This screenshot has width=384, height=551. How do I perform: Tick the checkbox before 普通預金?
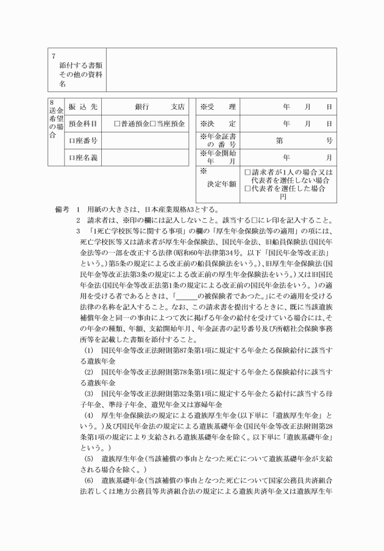[116, 123]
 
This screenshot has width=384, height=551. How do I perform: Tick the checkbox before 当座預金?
[152, 123]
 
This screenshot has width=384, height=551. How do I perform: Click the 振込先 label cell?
[83, 107]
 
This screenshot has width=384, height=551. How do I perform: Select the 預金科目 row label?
[83, 123]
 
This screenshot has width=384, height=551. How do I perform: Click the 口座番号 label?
[83, 140]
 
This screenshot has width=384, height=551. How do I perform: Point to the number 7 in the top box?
[54, 56]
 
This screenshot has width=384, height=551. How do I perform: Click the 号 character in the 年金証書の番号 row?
[329, 140]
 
